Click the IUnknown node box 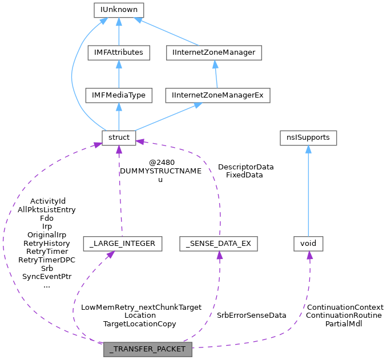pyautogui.click(x=119, y=10)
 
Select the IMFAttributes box pyautogui.click(x=119, y=52)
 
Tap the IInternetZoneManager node pyautogui.click(x=214, y=52)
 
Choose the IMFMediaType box pyautogui.click(x=119, y=95)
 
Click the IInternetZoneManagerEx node pyautogui.click(x=217, y=95)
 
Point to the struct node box pyautogui.click(x=119, y=137)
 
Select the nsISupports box pyautogui.click(x=308, y=137)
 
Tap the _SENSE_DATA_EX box pyautogui.click(x=218, y=244)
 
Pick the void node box pyautogui.click(x=308, y=244)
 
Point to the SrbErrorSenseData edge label pyautogui.click(x=251, y=315)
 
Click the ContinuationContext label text pyautogui.click(x=345, y=307)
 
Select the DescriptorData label pyautogui.click(x=245, y=167)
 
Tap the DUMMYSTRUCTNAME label pyautogui.click(x=160, y=171)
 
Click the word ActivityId pyautogui.click(x=48, y=201)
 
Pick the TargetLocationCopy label pyautogui.click(x=139, y=323)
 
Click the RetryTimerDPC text pyautogui.click(x=47, y=260)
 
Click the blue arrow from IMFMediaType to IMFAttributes pyautogui.click(x=119, y=74)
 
